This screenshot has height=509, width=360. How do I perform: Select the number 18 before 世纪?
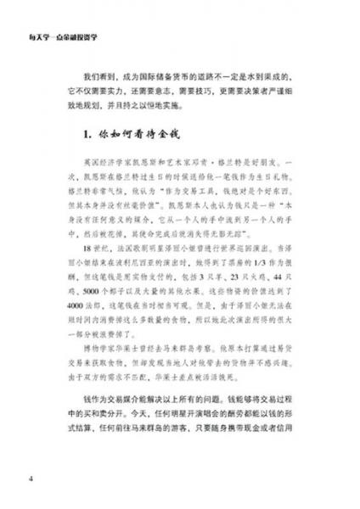[81, 266]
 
